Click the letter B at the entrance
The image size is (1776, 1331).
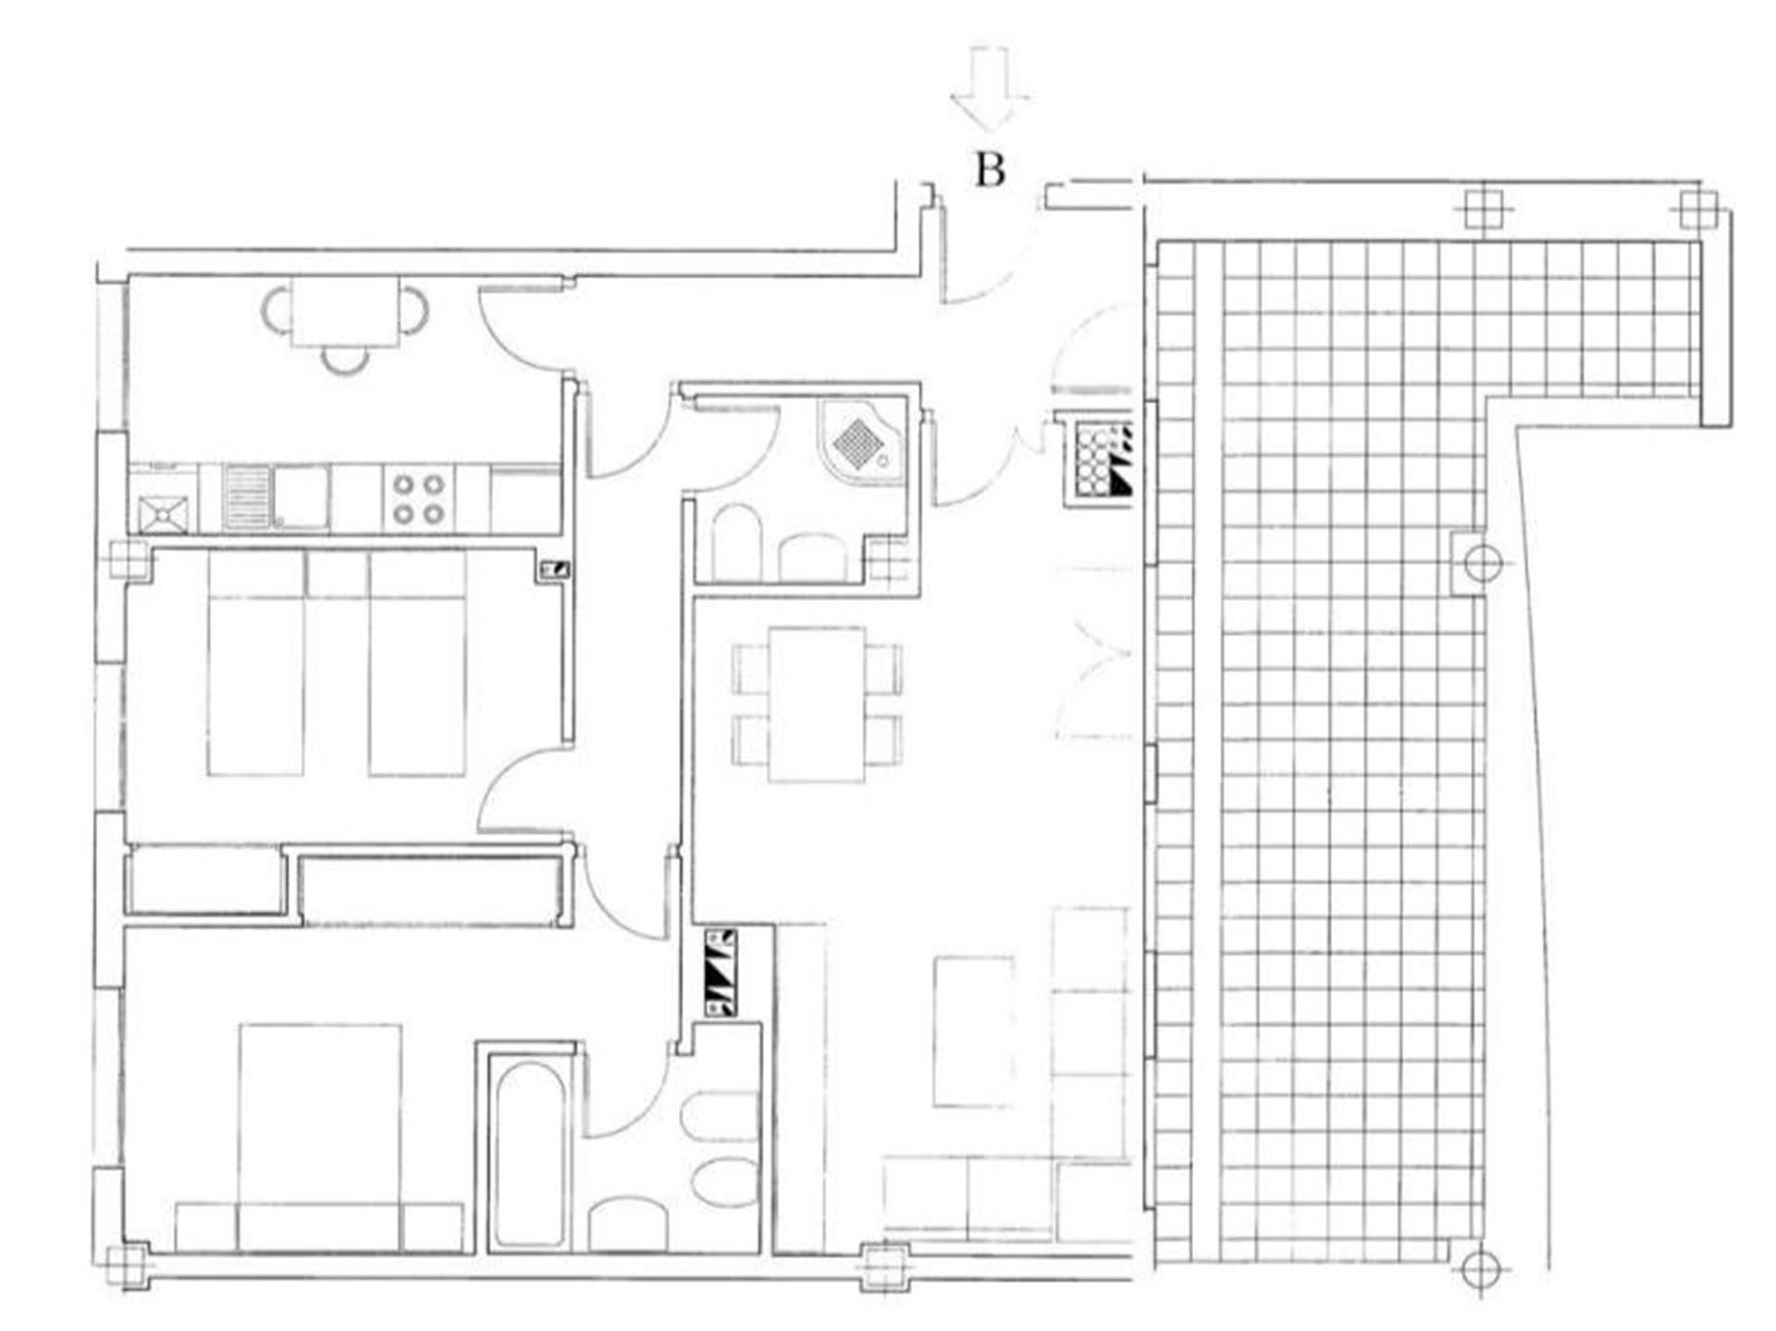(991, 170)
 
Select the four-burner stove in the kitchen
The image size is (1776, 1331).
(419, 499)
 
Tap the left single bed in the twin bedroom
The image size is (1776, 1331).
(256, 662)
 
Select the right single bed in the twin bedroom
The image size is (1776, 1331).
(417, 662)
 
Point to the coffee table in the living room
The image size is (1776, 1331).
(972, 1032)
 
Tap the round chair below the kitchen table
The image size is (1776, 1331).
(346, 359)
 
